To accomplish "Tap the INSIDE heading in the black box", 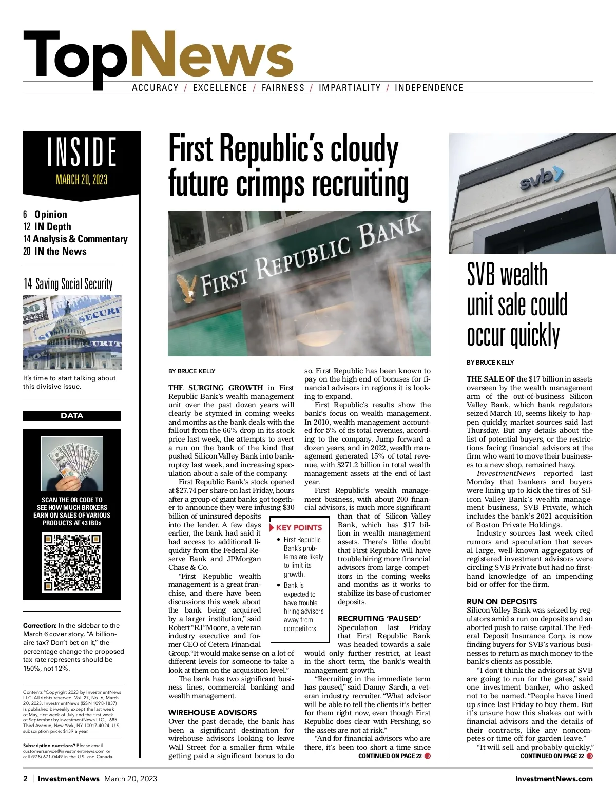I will pyautogui.click(x=82, y=152).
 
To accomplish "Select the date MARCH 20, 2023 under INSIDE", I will pyautogui.click(x=82, y=180).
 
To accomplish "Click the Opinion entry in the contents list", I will pyautogui.click(x=50, y=214).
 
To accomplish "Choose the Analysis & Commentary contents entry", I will pyautogui.click(x=80, y=239).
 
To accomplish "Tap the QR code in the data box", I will pyautogui.click(x=72, y=564).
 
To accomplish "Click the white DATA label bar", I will pyautogui.click(x=72, y=416).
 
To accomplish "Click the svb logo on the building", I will pyautogui.click(x=541, y=178).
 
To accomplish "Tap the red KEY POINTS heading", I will pyautogui.click(x=299, y=527).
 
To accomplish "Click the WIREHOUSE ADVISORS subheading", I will pyautogui.click(x=213, y=713).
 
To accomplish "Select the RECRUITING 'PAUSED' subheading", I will pyautogui.click(x=379, y=619).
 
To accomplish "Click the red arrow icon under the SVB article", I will pyautogui.click(x=590, y=756).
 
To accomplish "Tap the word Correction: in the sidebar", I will pyautogui.click(x=40, y=625).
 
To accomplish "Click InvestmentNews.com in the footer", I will pyautogui.click(x=554, y=779).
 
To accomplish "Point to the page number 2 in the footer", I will pyautogui.click(x=26, y=779).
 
